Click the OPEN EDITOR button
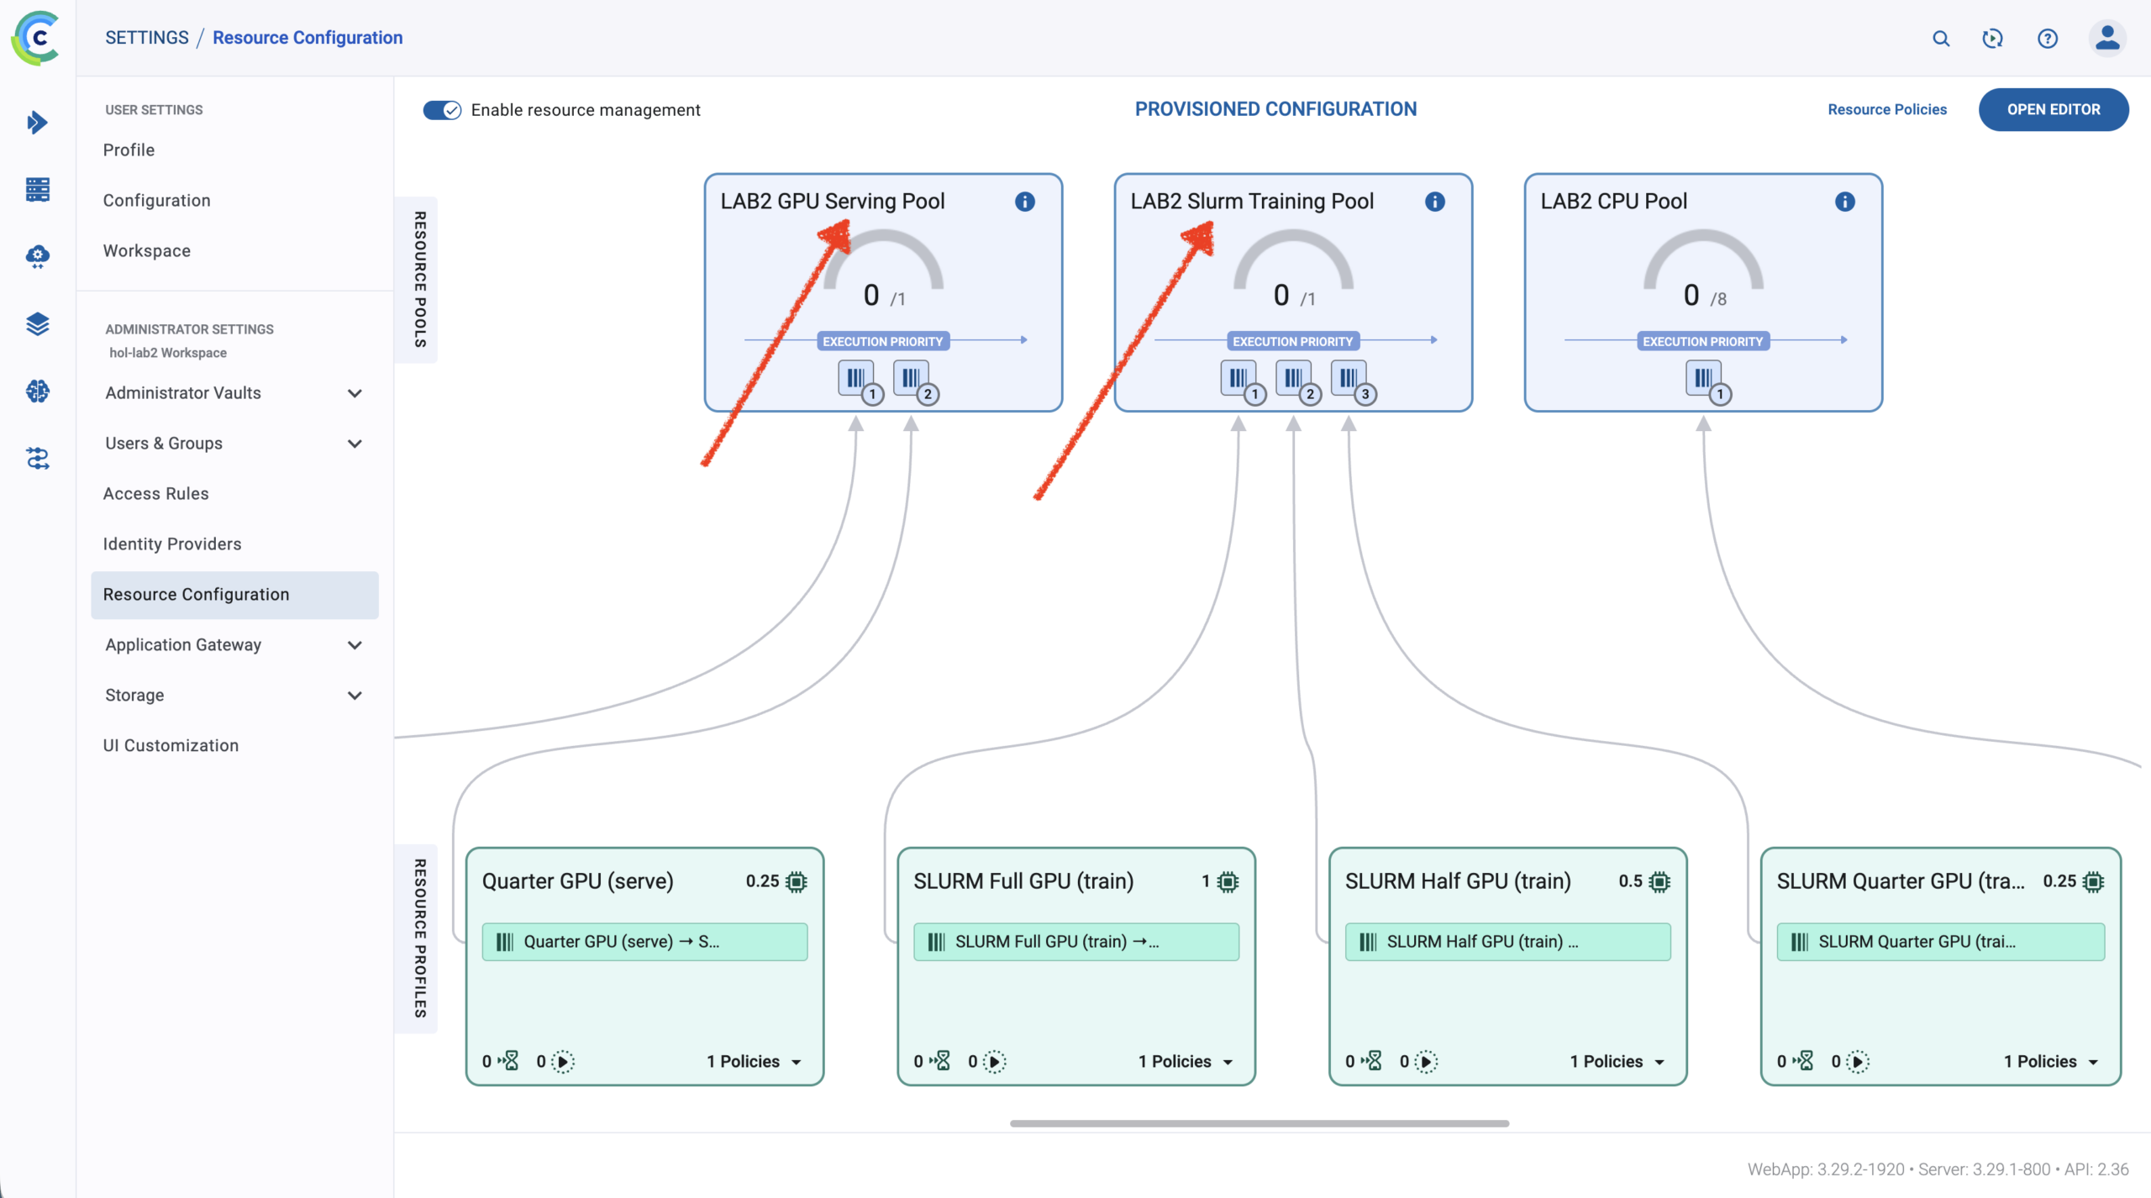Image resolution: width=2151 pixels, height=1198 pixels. (2053, 109)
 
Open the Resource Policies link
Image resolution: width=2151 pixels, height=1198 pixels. (1887, 109)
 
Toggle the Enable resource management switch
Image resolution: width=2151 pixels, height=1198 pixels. (442, 110)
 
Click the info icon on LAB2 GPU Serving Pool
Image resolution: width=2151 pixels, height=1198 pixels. (1024, 202)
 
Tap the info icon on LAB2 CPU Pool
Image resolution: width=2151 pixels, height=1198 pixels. (1844, 202)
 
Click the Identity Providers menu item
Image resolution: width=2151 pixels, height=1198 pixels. (172, 544)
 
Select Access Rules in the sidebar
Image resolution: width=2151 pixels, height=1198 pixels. (155, 493)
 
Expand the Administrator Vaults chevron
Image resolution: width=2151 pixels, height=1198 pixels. (355, 393)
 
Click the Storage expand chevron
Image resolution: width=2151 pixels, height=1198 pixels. (355, 696)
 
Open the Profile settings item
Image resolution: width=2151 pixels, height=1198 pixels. (129, 150)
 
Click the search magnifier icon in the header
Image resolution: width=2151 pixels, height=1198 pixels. (1941, 39)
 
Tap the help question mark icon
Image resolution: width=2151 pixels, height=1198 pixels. (2048, 39)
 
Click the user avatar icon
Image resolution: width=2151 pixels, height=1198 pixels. (2107, 38)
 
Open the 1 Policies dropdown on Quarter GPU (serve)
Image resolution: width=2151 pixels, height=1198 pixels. (754, 1062)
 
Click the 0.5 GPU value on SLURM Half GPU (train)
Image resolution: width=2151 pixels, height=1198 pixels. (1630, 881)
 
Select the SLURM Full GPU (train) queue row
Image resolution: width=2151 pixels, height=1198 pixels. (1075, 942)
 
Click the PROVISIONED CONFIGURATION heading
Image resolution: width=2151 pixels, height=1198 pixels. (1275, 109)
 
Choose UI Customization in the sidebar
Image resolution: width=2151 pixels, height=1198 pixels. (171, 745)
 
